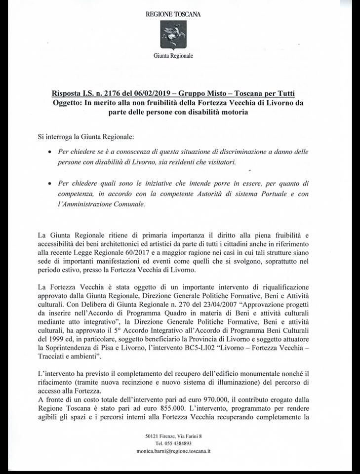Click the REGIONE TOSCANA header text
pyautogui.click(x=173, y=14)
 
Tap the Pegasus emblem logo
pyautogui.click(x=173, y=37)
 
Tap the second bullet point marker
pyautogui.click(x=50, y=183)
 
